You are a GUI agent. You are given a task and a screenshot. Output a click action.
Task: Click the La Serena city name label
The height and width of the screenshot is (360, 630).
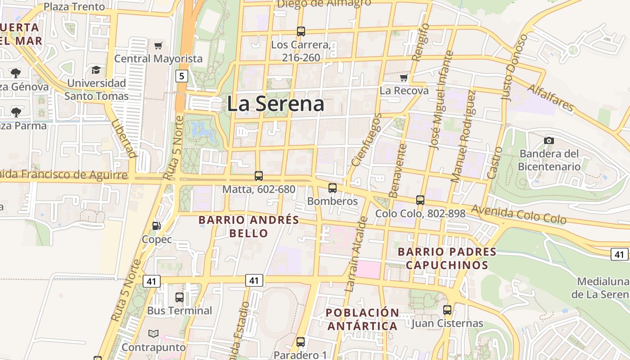[275, 104]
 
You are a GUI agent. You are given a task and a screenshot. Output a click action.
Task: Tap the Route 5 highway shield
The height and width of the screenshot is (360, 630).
[181, 76]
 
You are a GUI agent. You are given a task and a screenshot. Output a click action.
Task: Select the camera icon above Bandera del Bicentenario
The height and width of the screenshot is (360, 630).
[549, 140]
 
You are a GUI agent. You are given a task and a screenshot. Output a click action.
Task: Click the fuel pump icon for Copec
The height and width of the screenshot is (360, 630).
[156, 226]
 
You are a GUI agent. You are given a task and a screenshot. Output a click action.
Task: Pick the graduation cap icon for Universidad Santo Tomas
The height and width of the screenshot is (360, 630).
[96, 70]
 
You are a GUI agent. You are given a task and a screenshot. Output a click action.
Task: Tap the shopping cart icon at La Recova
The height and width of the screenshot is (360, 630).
[404, 77]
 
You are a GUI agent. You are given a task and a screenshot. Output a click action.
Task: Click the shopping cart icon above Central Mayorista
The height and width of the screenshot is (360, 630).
[158, 45]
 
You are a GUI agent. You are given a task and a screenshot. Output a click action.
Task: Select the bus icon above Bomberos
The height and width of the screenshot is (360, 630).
[333, 188]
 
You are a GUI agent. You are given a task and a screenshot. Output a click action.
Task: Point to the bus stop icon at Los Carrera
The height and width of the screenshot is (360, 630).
[301, 31]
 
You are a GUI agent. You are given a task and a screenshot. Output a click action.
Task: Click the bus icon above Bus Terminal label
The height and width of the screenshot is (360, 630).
[179, 297]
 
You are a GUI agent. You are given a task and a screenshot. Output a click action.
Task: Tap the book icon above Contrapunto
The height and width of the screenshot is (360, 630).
[153, 333]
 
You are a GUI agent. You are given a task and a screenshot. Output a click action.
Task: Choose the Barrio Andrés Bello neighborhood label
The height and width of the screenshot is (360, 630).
[249, 226]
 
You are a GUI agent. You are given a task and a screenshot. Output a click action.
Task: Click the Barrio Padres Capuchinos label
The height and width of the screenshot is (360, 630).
[447, 258]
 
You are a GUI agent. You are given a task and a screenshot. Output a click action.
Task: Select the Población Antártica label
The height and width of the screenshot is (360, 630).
[362, 319]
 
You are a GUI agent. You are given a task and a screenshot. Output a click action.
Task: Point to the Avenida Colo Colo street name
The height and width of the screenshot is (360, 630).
[518, 215]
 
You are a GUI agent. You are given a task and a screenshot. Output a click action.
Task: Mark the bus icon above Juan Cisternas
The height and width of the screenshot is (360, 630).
[447, 310]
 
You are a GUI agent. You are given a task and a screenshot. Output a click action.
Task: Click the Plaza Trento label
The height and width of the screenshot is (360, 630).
[74, 7]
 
